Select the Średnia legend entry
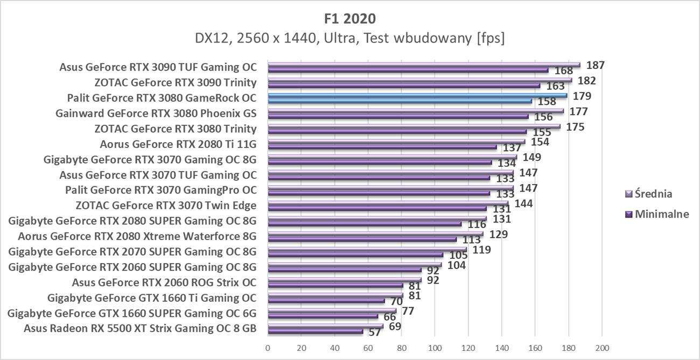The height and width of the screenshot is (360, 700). point(654,194)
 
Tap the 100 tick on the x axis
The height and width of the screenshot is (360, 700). point(435,347)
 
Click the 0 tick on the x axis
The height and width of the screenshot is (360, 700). point(268,347)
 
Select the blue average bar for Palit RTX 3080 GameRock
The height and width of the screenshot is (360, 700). point(417,95)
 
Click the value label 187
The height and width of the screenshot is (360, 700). point(596,65)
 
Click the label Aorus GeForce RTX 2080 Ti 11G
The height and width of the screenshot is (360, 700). point(178,144)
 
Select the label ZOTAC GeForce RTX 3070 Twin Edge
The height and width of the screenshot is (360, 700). point(166,206)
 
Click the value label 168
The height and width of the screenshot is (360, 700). point(560,71)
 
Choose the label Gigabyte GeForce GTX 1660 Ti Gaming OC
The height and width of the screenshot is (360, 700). point(152,298)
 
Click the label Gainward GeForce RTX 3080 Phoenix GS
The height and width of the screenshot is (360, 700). point(156,114)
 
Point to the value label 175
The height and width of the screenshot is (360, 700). point(575,127)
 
